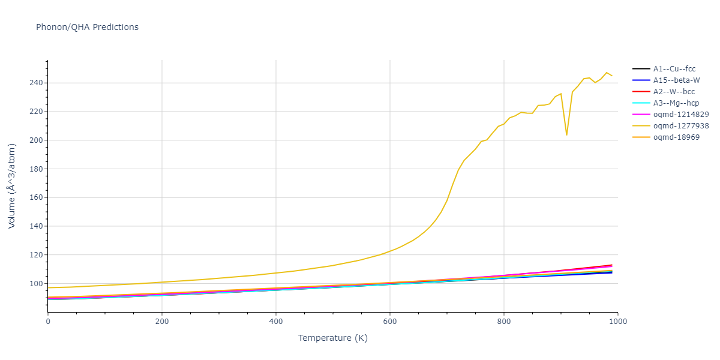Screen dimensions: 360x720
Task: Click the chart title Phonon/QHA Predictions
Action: point(87,27)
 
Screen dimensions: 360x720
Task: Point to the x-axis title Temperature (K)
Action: point(332,338)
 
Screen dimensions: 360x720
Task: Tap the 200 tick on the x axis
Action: point(161,322)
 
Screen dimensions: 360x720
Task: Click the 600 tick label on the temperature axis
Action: point(389,322)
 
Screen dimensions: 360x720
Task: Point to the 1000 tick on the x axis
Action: point(618,322)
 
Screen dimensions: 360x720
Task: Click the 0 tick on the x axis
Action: point(48,322)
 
